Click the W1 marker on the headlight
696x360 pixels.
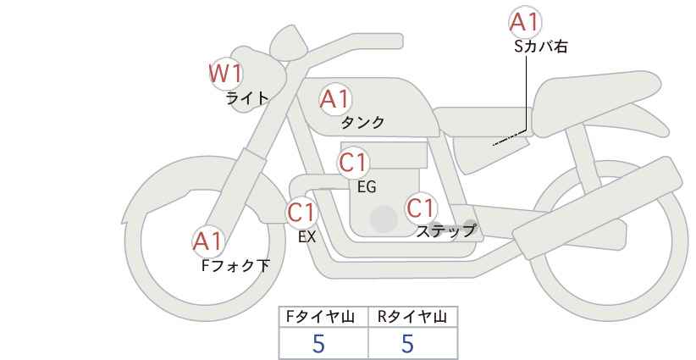coord(226,73)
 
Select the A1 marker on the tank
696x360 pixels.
coord(335,99)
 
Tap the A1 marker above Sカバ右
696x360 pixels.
coord(525,22)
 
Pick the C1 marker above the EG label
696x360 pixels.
coord(353,163)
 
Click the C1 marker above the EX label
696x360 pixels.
coord(301,213)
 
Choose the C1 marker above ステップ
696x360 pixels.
coord(421,208)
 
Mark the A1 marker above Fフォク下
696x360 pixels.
coord(207,241)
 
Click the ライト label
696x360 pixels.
coord(247,97)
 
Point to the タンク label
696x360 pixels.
coord(362,122)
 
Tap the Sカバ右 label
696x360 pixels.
coord(541,47)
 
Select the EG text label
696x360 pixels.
coord(367,187)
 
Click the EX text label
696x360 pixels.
coord(307,237)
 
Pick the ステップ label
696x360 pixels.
coord(445,231)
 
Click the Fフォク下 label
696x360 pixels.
coord(235,265)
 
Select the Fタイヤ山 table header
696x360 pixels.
coord(320,317)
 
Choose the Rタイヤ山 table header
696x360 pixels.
coord(412,317)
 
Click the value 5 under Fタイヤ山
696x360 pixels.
coord(318,344)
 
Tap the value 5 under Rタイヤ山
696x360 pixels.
coord(407,344)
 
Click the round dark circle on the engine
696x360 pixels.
coord(384,219)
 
